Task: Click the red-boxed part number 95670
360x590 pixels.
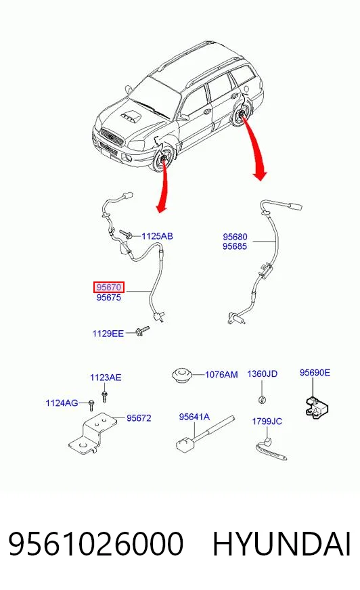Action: pyautogui.click(x=109, y=288)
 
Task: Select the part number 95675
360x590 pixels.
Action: pyautogui.click(x=109, y=298)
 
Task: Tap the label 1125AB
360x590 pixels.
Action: pyautogui.click(x=157, y=236)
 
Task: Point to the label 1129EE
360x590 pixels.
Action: pyautogui.click(x=108, y=334)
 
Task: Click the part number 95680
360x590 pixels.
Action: pyautogui.click(x=235, y=237)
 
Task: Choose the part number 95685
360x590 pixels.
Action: pyautogui.click(x=235, y=246)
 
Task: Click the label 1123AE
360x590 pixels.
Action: pyautogui.click(x=106, y=378)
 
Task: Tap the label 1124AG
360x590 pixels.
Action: pyautogui.click(x=62, y=403)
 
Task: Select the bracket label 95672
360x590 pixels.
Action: pyautogui.click(x=139, y=418)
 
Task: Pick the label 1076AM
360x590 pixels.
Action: pyautogui.click(x=221, y=375)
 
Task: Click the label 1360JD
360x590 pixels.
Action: pyautogui.click(x=262, y=374)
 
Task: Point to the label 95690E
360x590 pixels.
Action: pyautogui.click(x=315, y=373)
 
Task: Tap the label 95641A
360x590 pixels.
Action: pyautogui.click(x=194, y=417)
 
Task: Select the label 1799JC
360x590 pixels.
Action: pyautogui.click(x=267, y=422)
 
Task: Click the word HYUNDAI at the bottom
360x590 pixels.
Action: pyautogui.click(x=282, y=544)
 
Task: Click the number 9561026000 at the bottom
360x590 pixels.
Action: pyautogui.click(x=95, y=544)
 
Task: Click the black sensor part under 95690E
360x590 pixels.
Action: pyautogui.click(x=316, y=407)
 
